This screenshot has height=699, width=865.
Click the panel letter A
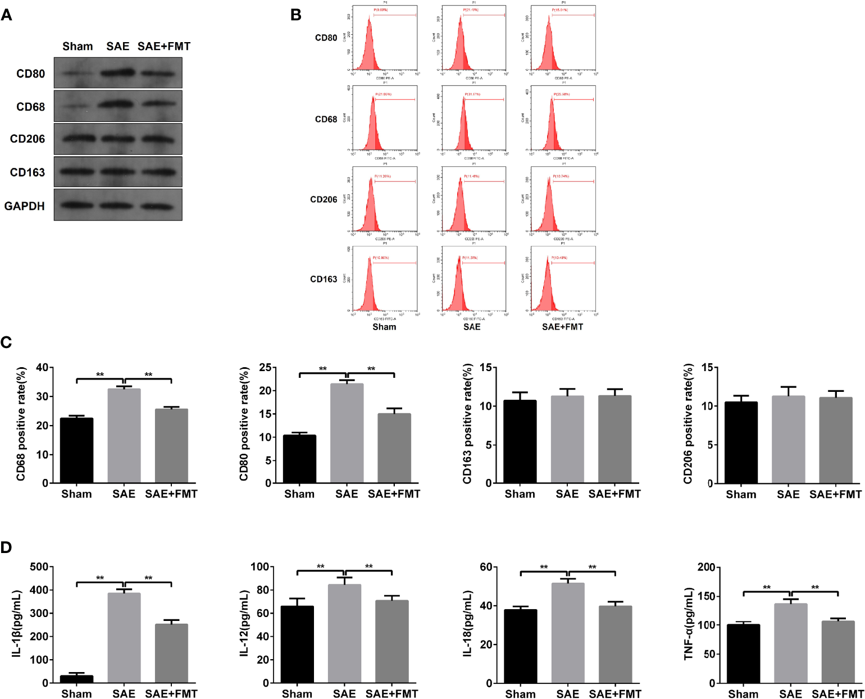tap(6, 15)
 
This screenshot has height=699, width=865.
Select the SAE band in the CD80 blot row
tap(118, 72)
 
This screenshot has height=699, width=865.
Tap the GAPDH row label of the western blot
tap(25, 206)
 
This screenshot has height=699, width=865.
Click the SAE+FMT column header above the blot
tap(164, 47)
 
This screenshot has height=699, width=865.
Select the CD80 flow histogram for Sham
tap(385, 38)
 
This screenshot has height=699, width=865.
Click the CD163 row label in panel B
tap(324, 279)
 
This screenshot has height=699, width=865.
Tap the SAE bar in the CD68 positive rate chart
tap(124, 436)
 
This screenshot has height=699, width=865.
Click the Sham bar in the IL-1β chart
tap(76, 679)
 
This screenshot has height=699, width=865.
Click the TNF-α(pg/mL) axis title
tap(689, 623)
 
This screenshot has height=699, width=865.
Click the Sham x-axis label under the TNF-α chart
tap(743, 694)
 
